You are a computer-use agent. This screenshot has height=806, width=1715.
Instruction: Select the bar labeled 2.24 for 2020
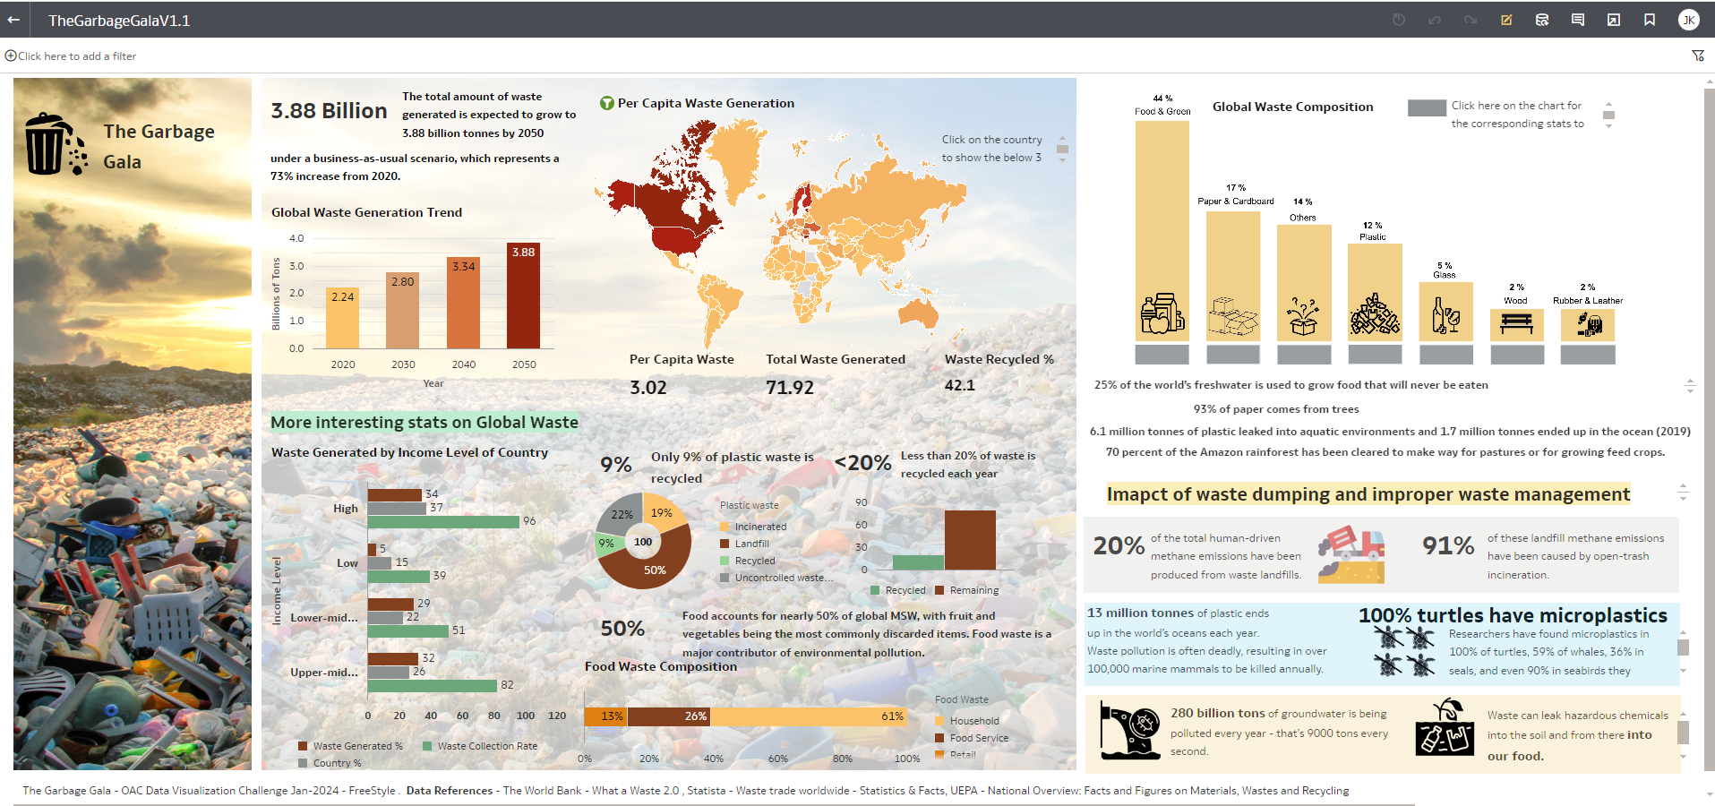342,318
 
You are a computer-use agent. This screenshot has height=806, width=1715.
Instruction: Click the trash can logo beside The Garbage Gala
53,144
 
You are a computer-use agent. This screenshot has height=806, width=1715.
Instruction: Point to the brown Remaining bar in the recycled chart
970,539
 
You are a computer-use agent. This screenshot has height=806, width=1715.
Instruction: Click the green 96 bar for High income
443,521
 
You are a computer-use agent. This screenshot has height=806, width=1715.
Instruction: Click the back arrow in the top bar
13,20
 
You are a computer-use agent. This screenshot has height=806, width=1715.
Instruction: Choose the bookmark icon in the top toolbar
1649,20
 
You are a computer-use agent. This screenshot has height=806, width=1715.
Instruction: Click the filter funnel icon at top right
1697,56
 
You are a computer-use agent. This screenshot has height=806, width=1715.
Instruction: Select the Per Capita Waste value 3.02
648,387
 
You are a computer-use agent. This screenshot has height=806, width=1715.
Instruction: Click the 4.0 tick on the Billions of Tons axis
296,238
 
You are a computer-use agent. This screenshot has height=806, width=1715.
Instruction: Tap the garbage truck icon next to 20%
1351,554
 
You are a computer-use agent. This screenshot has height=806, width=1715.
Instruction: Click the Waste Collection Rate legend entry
486,746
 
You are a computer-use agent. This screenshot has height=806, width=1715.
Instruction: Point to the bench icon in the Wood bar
1516,323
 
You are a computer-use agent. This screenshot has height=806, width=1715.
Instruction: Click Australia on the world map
918,313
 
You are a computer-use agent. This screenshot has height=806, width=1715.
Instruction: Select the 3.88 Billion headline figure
329,111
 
